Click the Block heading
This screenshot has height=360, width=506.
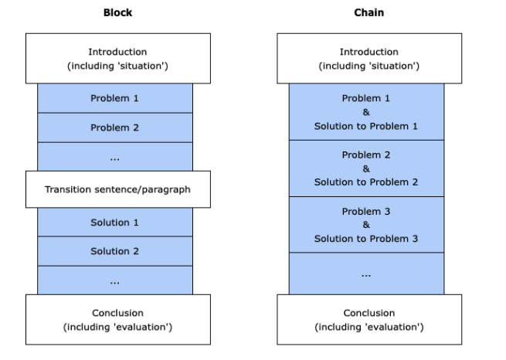pos(117,12)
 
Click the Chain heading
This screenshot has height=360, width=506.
pos(368,12)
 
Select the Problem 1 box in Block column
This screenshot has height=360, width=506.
pos(115,98)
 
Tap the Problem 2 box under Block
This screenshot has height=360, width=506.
pos(115,127)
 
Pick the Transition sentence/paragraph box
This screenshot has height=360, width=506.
pos(118,189)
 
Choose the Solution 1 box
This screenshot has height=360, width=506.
pos(115,222)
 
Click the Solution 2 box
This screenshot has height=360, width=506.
pos(115,251)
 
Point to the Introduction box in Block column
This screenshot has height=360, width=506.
pos(118,59)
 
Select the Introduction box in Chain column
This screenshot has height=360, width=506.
pos(369,59)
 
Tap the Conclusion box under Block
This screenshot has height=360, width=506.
pos(118,319)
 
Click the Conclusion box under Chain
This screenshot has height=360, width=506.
pos(369,319)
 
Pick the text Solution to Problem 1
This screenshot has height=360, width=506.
pos(366,126)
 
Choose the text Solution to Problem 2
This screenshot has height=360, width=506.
pos(366,182)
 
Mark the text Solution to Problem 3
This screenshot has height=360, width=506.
pos(366,239)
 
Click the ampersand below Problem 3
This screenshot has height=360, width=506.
pos(366,225)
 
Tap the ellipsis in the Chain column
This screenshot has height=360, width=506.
pos(366,276)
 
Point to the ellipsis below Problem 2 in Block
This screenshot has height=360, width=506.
pos(114,159)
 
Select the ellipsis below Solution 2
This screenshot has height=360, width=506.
pos(114,283)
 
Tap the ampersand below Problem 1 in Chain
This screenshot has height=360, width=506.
pos(366,112)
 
